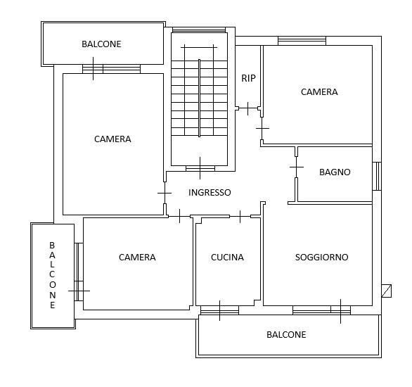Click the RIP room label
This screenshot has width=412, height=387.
tap(248, 78)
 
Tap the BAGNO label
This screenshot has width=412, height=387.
tap(335, 172)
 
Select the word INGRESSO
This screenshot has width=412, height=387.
tap(210, 193)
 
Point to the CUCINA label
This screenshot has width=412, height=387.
tap(227, 257)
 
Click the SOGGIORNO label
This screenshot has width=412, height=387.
tap(321, 257)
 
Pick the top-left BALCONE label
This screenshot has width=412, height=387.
tap(101, 44)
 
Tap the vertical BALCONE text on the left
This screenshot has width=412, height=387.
tap(52, 275)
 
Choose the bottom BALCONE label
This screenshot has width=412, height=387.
tap(286, 334)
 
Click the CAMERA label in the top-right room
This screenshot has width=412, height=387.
tap(319, 91)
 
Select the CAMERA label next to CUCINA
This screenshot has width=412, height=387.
tap(137, 257)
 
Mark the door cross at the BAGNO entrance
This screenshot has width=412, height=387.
tap(297, 167)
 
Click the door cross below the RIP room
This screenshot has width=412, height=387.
tap(247, 108)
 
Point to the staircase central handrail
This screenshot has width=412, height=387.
tap(200, 98)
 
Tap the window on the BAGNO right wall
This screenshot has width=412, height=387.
tap(377, 176)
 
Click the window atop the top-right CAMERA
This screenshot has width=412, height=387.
tap(302, 41)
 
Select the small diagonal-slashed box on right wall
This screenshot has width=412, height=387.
tap(387, 291)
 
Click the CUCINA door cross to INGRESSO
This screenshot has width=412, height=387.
tap(240, 217)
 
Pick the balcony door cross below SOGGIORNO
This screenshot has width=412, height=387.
tap(340, 311)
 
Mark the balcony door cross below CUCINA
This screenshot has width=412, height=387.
tap(219, 310)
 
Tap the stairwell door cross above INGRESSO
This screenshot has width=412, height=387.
tap(200, 168)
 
